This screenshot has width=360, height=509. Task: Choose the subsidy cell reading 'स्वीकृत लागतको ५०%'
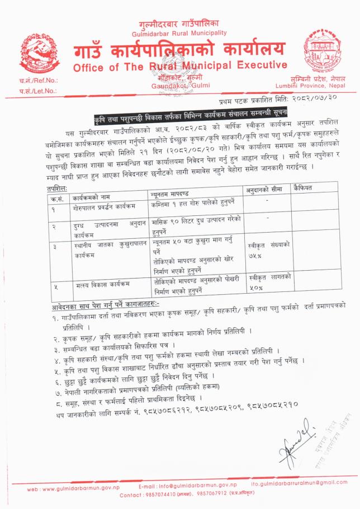coord(269,282)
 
